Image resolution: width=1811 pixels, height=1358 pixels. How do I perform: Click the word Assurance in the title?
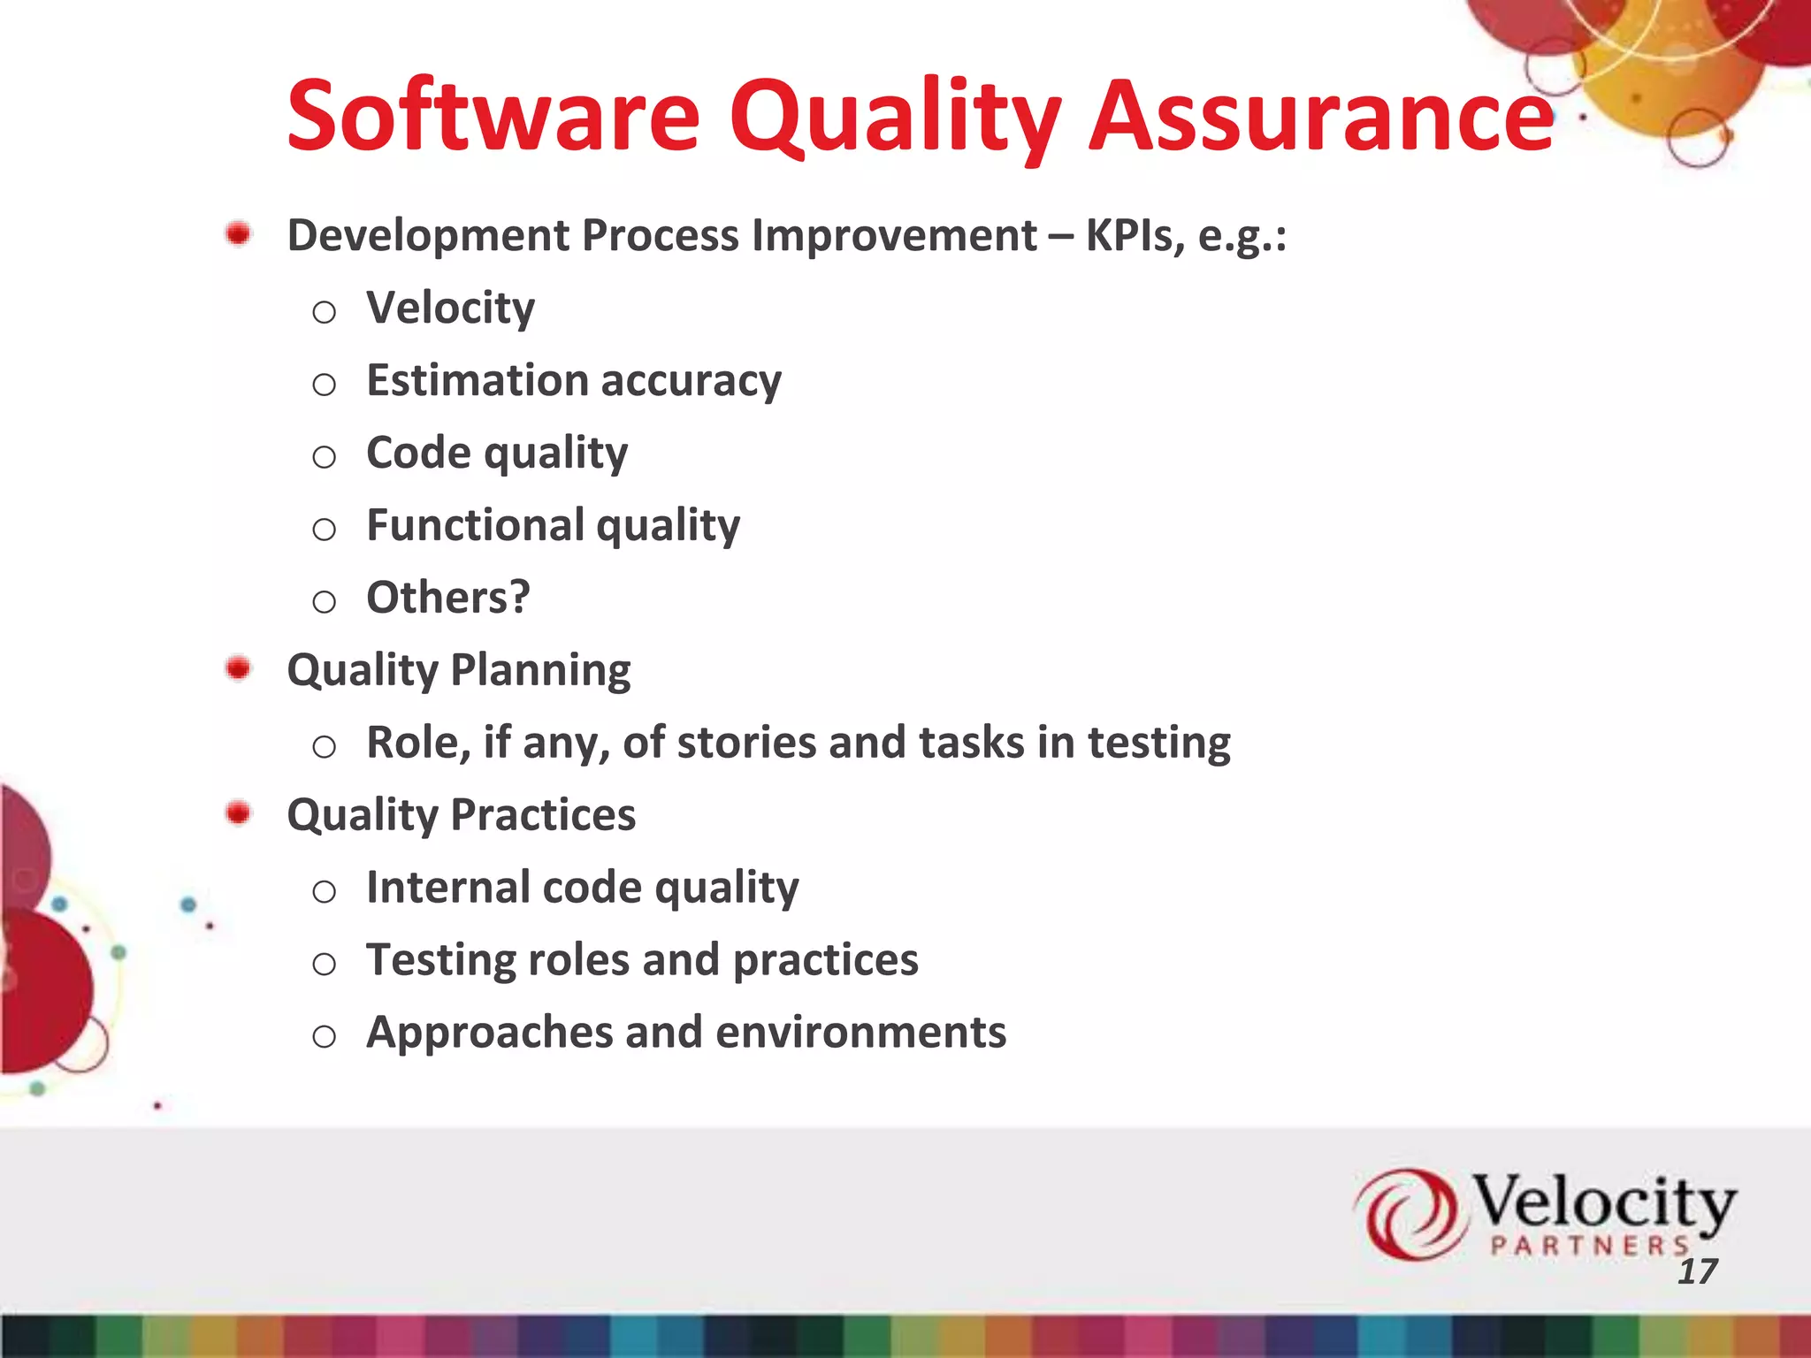click(1320, 117)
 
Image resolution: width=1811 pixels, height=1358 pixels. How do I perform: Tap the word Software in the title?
click(493, 117)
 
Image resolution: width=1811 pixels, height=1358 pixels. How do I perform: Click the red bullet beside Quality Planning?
click(238, 668)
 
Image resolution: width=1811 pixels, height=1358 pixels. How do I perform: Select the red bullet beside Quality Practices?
click(238, 813)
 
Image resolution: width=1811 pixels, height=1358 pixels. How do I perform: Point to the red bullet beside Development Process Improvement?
click(238, 234)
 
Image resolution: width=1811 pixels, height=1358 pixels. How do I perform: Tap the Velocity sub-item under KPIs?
click(450, 309)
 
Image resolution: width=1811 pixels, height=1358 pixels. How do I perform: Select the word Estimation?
click(478, 380)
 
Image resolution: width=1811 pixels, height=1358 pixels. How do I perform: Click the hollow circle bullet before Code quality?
click(325, 457)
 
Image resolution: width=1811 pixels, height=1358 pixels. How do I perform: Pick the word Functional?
click(475, 525)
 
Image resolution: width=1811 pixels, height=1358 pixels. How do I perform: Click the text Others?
click(447, 598)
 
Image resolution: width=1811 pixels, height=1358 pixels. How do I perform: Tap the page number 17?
click(1697, 1271)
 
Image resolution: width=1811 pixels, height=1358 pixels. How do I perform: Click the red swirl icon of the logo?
click(1406, 1213)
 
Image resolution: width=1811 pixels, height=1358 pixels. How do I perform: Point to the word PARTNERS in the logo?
click(1590, 1247)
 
